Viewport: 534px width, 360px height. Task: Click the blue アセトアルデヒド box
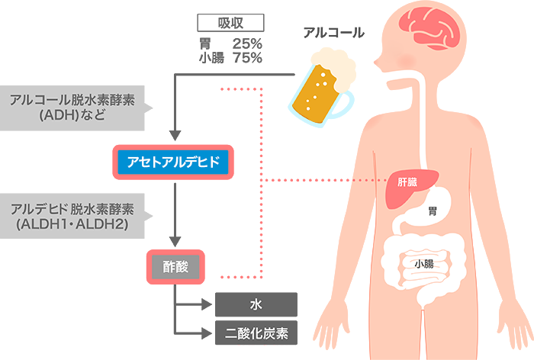coord(172,161)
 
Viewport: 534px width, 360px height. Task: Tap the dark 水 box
coord(256,304)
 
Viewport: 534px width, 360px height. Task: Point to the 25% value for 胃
coord(247,43)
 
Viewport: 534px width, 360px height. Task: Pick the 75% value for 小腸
coord(247,57)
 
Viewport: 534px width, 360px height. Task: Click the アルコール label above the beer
coord(333,33)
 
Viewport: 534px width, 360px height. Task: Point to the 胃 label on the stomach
coord(433,211)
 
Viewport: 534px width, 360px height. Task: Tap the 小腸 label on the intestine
coord(424,264)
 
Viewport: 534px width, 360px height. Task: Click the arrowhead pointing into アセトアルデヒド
coord(175,137)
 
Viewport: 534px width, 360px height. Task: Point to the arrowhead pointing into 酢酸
coord(175,243)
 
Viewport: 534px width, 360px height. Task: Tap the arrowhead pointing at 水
coord(207,304)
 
